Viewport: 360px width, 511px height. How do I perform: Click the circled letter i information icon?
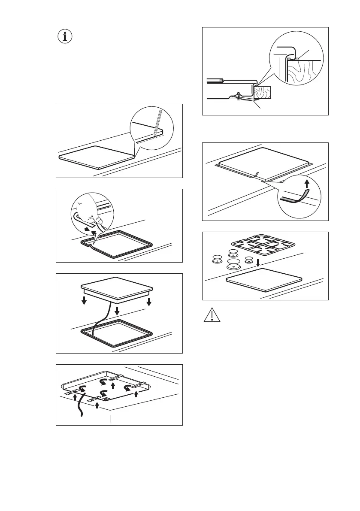(65, 37)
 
